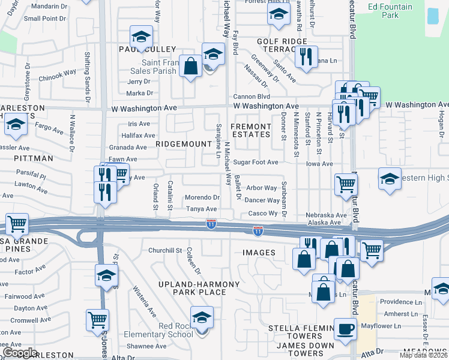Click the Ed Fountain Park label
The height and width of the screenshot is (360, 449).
(x=390, y=11)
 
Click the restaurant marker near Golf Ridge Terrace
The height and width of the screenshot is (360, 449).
(x=306, y=57)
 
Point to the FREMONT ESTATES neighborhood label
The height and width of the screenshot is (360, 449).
(x=251, y=130)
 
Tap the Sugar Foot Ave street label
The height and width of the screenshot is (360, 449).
(x=256, y=162)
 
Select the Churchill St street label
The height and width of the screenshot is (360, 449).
(x=165, y=250)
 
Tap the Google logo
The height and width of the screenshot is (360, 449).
(x=19, y=352)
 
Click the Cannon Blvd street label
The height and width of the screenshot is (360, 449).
(x=252, y=97)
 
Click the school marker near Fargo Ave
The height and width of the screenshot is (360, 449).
(x=15, y=125)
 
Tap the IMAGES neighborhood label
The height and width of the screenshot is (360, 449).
(x=259, y=253)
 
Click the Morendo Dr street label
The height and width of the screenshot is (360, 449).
(x=202, y=197)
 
